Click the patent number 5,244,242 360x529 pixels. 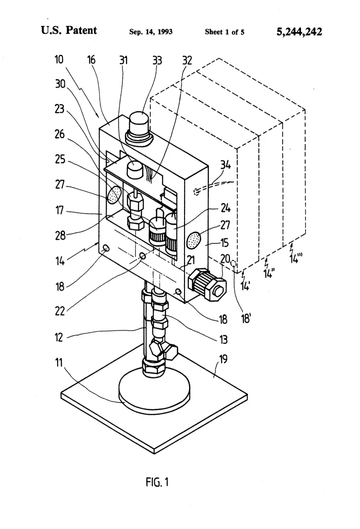click(x=299, y=32)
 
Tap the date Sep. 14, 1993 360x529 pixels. click(x=151, y=31)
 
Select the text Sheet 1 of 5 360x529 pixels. click(x=225, y=32)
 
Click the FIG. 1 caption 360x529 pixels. click(x=157, y=482)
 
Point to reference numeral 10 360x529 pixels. click(x=59, y=59)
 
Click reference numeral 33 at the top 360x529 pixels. click(x=157, y=60)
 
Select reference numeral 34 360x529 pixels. click(x=226, y=165)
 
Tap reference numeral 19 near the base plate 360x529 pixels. click(x=223, y=359)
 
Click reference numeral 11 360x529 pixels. click(x=59, y=363)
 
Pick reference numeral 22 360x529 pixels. click(x=60, y=311)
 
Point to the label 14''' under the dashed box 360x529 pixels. click(x=296, y=258)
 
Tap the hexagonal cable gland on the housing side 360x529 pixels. click(x=207, y=283)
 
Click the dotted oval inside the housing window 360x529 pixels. click(x=115, y=195)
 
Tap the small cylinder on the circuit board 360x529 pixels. click(x=135, y=168)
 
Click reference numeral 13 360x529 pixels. click(x=223, y=339)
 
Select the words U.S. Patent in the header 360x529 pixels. click(x=69, y=31)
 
